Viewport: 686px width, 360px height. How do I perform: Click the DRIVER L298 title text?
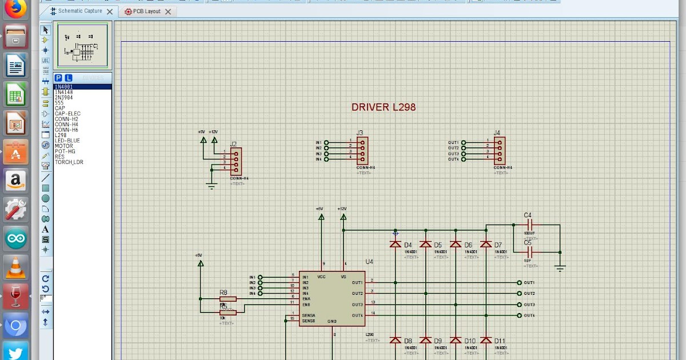pyautogui.click(x=383, y=107)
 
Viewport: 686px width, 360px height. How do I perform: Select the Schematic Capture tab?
pyautogui.click(x=79, y=11)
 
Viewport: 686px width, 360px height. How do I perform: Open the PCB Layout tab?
pyautogui.click(x=146, y=11)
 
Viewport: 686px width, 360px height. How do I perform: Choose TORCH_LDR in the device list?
pyautogui.click(x=69, y=162)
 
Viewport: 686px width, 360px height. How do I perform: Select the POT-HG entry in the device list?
pyautogui.click(x=65, y=151)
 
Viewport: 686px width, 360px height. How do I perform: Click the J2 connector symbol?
pyautogui.click(x=236, y=162)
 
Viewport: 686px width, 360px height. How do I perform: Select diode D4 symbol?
pyautogui.click(x=395, y=244)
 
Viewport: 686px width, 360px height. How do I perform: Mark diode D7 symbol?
pyautogui.click(x=486, y=244)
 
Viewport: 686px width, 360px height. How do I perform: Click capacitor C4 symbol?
pyautogui.click(x=529, y=225)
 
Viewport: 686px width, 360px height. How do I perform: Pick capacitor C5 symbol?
pyautogui.click(x=529, y=252)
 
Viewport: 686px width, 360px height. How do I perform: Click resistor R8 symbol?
pyautogui.click(x=228, y=299)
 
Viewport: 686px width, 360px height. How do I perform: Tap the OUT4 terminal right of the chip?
pyautogui.click(x=519, y=315)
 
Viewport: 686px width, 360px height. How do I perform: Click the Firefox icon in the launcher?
pyautogui.click(x=16, y=9)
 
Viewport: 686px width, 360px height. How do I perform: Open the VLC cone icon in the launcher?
pyautogui.click(x=16, y=268)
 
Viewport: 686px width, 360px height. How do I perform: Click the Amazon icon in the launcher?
pyautogui.click(x=16, y=181)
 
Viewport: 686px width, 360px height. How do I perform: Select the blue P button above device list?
pyautogui.click(x=58, y=78)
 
